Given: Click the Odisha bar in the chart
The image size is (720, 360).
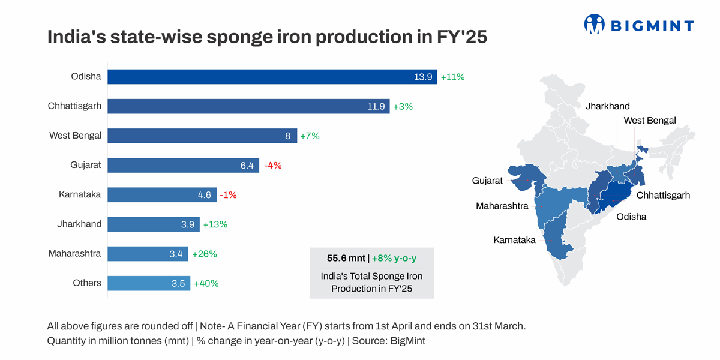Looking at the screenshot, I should coord(272,77).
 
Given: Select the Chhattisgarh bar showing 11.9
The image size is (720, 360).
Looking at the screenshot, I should coord(248,106).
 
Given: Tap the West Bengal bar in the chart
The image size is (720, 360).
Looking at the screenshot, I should coord(202,136).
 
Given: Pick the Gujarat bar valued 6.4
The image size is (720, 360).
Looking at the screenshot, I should coord(183,165).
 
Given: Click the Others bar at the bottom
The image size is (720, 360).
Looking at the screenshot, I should coord(149,283).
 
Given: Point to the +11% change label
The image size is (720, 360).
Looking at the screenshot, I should coord(453,77).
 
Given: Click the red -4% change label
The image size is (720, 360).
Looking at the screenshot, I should coord(272,165).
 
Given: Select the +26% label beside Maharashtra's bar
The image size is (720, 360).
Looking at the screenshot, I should coord(204,254).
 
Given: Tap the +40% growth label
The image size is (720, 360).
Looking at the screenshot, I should coord(206,283).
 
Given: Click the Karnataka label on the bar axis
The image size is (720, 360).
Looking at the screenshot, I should coord(80,194).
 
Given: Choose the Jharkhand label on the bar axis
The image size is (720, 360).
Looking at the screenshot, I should coord(79,224).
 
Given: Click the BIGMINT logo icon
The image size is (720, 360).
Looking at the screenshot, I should coord(594,24).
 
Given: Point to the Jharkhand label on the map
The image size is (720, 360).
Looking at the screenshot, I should coord(607,106).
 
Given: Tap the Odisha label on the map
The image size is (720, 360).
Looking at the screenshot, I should coord(631,217).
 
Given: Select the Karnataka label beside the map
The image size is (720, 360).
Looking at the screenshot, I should coord(514,240).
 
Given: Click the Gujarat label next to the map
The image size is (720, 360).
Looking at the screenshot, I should coord(487,180).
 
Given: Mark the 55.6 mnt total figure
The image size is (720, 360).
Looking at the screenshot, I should coord(346,258).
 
